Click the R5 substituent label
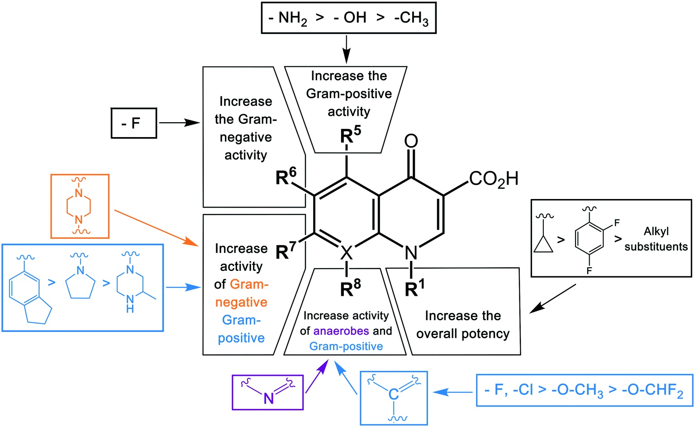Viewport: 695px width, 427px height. click(350, 135)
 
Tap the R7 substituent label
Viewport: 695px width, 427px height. click(286, 250)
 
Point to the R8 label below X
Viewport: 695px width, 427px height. click(350, 288)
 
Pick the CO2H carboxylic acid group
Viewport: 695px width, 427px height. click(493, 179)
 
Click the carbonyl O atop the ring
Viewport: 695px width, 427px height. click(411, 142)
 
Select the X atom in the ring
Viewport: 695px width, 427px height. click(346, 252)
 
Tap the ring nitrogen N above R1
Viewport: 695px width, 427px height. click(411, 252)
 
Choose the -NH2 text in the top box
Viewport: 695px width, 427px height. click(288, 18)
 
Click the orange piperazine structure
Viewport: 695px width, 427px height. click(79, 206)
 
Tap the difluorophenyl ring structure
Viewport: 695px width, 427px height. click(590, 239)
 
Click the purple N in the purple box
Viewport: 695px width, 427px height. click(269, 398)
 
